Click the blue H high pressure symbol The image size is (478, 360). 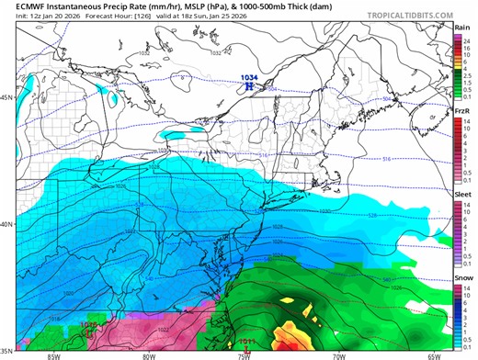click(248, 85)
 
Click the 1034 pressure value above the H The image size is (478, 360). click(248, 77)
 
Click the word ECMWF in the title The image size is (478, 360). click(19, 6)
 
